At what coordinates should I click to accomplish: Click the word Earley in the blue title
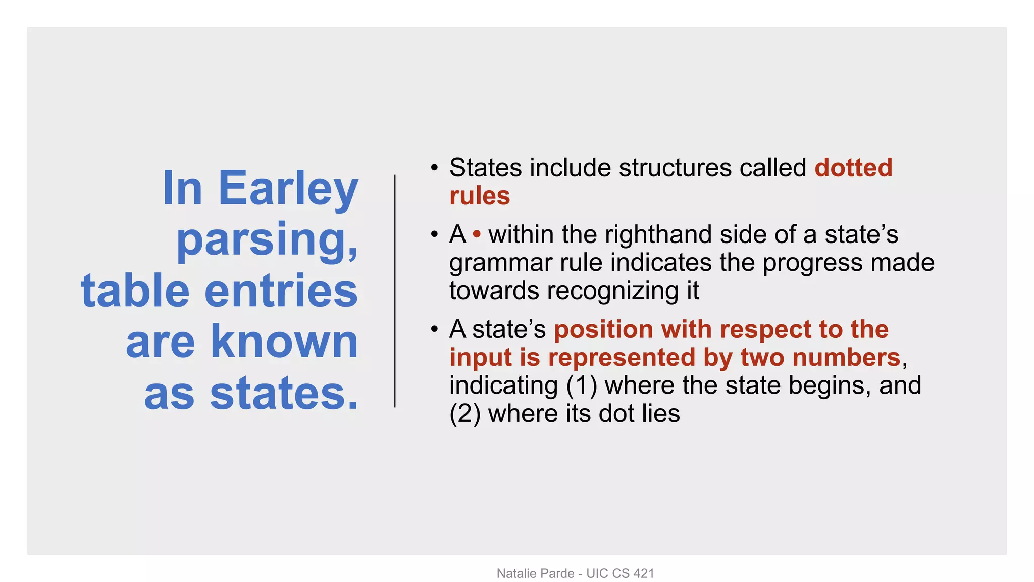click(288, 189)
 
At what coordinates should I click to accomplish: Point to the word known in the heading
click(284, 342)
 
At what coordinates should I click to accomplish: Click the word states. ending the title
click(284, 394)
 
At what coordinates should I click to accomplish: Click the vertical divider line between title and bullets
click(395, 291)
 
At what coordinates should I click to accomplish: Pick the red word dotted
click(853, 168)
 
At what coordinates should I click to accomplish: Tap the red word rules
click(480, 196)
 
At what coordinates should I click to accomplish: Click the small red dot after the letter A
click(477, 234)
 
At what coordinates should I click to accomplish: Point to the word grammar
click(500, 263)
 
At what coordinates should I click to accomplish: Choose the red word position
click(603, 329)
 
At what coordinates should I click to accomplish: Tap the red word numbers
click(846, 358)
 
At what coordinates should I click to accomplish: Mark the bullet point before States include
click(434, 168)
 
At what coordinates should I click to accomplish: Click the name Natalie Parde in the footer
click(535, 573)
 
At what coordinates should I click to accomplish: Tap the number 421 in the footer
click(643, 573)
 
